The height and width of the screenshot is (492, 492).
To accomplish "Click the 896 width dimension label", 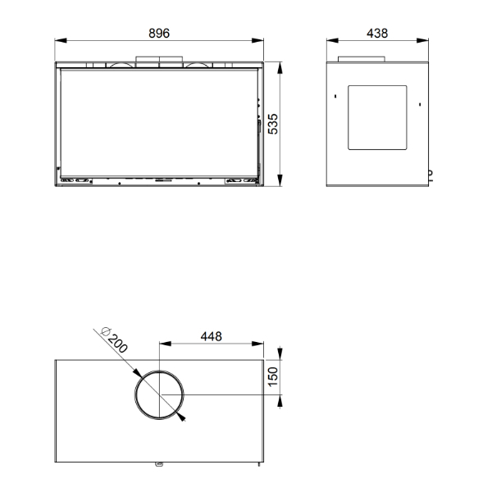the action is [159, 34].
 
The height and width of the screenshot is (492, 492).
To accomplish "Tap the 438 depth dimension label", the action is [377, 34].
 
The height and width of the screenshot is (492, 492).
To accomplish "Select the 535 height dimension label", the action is [273, 124].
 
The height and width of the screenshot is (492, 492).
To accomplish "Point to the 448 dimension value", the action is [212, 337].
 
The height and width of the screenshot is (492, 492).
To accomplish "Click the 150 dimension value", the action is [273, 376].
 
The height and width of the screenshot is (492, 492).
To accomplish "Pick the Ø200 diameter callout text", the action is [114, 340].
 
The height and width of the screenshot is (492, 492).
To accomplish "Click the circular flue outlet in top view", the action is [135, 394].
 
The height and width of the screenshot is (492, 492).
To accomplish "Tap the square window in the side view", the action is [348, 117].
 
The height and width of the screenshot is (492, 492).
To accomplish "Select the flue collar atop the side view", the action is [362, 59].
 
